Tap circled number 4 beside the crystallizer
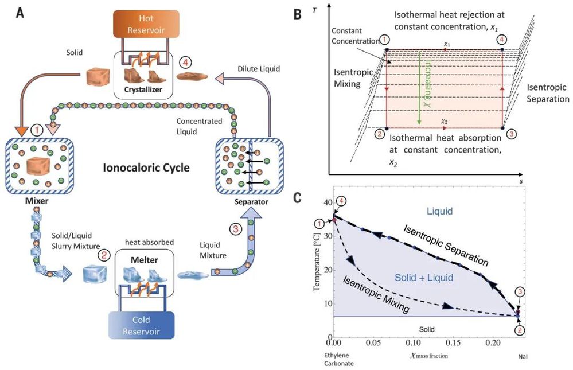[x=185, y=61]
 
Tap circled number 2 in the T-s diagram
[x=379, y=135]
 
